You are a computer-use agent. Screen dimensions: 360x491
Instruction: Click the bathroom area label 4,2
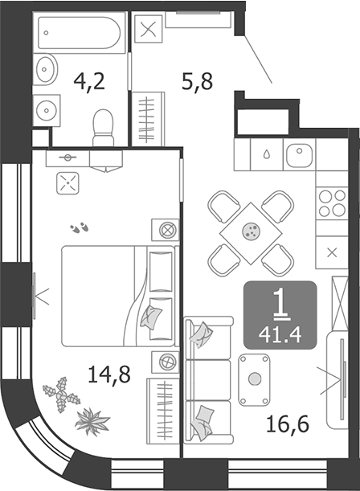(89, 81)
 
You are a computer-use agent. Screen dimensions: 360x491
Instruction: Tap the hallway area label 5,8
(197, 81)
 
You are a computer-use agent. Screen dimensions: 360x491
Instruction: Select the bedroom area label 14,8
(109, 374)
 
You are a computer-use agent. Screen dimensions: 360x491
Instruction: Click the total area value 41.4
(280, 335)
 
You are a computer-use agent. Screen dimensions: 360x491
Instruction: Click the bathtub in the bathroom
(80, 33)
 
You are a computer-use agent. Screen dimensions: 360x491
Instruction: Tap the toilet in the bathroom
(103, 128)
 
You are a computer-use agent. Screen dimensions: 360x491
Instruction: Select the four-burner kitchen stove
(332, 203)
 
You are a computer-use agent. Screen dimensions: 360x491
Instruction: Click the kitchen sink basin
(300, 156)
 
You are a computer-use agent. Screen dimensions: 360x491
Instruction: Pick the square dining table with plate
(251, 233)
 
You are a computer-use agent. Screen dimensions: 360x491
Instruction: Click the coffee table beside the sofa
(254, 379)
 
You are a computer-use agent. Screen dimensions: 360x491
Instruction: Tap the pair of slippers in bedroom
(80, 227)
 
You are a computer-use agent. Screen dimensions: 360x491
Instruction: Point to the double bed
(118, 296)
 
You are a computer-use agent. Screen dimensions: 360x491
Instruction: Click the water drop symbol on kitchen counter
(267, 154)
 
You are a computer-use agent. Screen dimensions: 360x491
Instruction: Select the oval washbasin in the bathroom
(46, 69)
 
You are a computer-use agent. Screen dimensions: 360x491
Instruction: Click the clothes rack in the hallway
(148, 119)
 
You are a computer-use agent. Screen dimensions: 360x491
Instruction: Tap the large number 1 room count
(280, 305)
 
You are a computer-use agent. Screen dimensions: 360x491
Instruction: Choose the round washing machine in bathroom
(47, 111)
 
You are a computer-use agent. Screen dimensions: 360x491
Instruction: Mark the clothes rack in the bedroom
(163, 411)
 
